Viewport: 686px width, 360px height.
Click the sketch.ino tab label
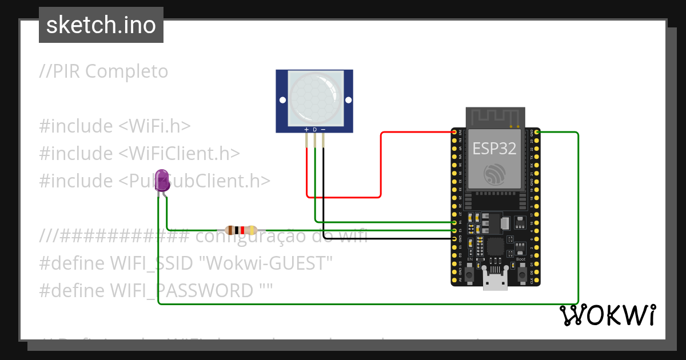pos(101,25)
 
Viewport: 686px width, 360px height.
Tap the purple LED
pos(162,181)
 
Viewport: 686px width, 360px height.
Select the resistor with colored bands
pos(240,230)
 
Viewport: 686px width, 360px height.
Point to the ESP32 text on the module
pos(494,149)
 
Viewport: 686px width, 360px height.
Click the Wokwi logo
pos(607,315)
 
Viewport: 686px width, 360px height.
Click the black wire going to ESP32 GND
pos(389,238)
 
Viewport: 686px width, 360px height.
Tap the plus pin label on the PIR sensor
pos(306,130)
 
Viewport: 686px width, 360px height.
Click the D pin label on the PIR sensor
pos(314,130)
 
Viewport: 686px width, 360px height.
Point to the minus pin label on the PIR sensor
pos(323,130)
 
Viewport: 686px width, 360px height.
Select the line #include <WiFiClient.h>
pos(139,153)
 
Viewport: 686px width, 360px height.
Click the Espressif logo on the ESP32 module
pos(494,174)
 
